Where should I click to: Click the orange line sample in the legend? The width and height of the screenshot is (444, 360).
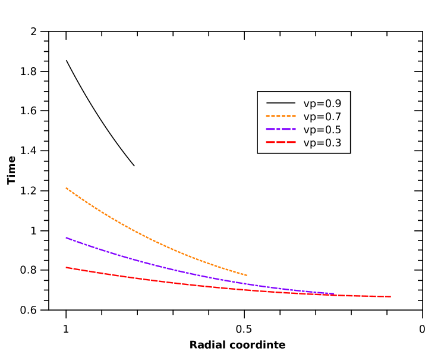[281, 116]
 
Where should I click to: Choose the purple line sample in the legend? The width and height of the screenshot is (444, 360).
[281, 129]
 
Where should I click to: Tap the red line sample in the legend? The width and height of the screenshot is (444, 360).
[281, 142]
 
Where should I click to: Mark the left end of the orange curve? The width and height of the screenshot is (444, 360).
[66, 188]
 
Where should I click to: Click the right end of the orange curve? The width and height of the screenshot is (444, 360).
[246, 275]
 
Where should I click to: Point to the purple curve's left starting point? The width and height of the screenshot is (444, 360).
[66, 238]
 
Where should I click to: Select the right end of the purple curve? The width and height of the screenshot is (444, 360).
[335, 294]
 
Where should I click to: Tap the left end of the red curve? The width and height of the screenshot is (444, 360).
[66, 268]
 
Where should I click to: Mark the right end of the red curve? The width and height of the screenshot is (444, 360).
[390, 296]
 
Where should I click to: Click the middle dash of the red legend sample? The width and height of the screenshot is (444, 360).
[281, 142]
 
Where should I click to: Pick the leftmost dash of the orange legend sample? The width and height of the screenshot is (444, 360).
[267, 116]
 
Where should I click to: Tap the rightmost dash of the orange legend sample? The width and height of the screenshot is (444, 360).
[294, 116]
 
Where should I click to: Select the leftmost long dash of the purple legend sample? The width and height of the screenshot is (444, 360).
[270, 129]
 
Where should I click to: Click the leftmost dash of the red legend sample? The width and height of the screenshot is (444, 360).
[270, 142]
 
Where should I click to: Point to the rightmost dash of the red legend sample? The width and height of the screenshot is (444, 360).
[291, 142]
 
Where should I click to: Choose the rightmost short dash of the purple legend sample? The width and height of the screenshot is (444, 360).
[294, 129]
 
